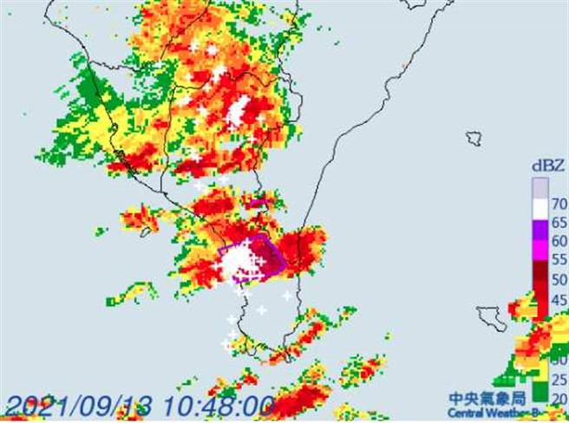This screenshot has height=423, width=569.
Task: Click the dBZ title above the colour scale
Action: pyautogui.click(x=547, y=164)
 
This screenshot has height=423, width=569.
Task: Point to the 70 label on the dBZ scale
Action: pyautogui.click(x=557, y=206)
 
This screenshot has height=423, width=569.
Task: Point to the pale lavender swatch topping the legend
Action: pyautogui.click(x=540, y=188)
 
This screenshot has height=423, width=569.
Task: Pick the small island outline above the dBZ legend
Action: pyautogui.click(x=474, y=137)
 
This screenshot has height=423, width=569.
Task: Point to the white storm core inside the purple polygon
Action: pyautogui.click(x=236, y=263)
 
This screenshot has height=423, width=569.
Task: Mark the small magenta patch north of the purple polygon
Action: pyautogui.click(x=258, y=204)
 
